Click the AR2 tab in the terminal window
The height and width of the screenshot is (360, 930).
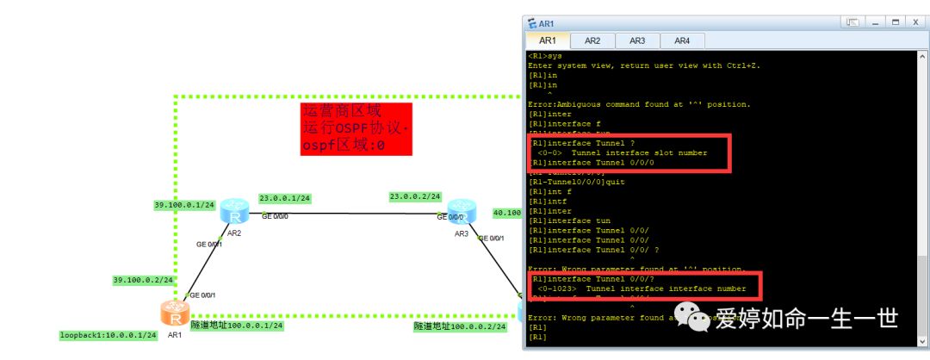click(592, 40)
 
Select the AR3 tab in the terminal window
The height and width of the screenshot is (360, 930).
click(637, 40)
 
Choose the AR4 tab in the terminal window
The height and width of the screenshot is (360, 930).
click(682, 40)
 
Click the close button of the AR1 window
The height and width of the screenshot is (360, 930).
click(915, 22)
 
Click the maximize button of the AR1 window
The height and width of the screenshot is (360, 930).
click(896, 22)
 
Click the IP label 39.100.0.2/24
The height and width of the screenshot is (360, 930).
click(143, 280)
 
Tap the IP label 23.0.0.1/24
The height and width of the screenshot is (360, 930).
click(284, 198)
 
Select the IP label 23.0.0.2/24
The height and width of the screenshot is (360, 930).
click(416, 196)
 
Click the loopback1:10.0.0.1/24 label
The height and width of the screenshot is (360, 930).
click(108, 334)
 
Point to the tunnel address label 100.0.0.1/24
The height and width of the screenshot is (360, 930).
click(236, 326)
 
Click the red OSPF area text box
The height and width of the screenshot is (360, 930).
click(356, 129)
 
